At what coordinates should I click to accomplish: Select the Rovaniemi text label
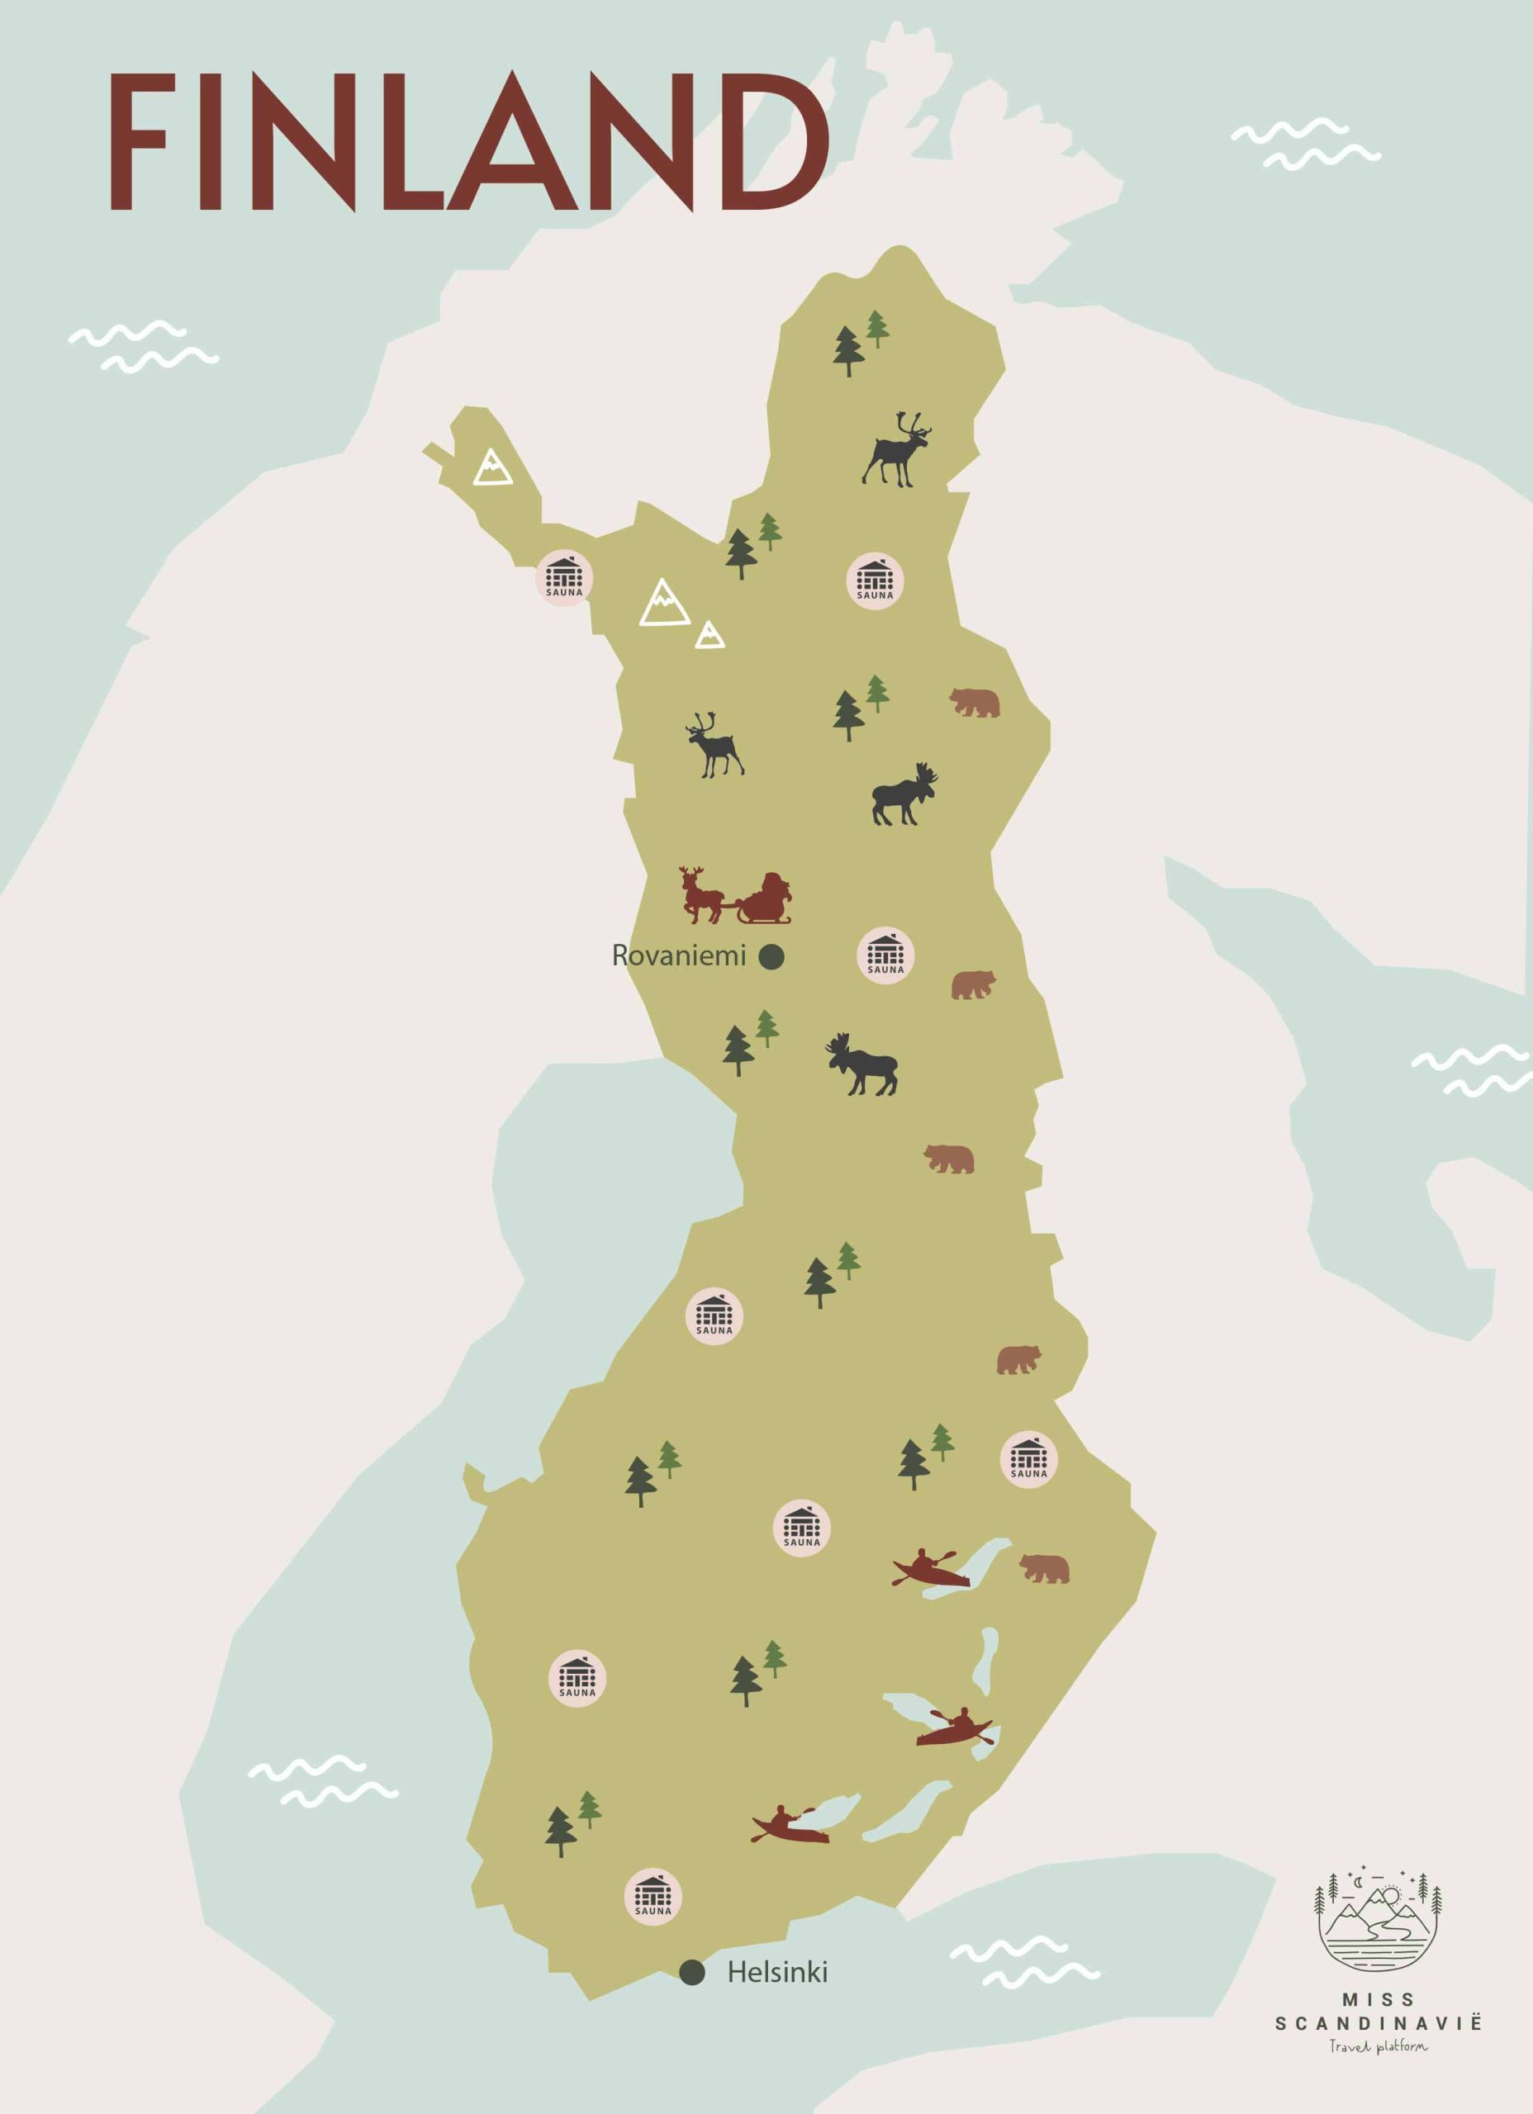point(679,955)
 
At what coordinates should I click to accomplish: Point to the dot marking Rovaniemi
point(771,956)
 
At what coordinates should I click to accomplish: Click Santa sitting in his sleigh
point(766,897)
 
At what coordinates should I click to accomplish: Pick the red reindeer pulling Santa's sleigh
point(701,895)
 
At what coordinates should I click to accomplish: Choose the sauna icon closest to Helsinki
point(653,1896)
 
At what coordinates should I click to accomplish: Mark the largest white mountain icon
point(664,603)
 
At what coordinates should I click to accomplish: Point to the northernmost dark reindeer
point(897,449)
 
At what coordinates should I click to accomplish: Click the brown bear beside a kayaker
point(1044,1568)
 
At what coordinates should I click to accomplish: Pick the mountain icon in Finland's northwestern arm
point(491,468)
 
